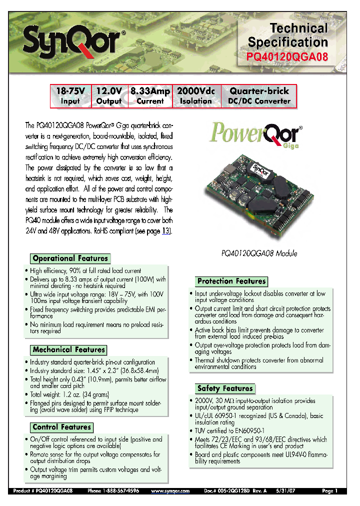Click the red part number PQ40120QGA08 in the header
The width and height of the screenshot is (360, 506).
point(288,57)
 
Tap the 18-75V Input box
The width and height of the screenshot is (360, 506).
point(70,96)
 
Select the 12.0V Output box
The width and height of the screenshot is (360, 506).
point(109,96)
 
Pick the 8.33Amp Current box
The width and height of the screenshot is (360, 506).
point(150,96)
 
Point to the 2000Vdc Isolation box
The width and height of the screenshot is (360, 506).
point(195,96)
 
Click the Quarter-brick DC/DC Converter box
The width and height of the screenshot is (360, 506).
point(259,96)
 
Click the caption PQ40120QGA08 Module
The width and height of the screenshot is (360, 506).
point(259,253)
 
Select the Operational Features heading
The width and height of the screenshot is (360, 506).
point(70,258)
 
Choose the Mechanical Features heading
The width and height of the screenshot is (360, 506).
point(69,349)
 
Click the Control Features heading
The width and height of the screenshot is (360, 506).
point(62,427)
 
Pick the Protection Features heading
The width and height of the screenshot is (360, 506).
point(231,281)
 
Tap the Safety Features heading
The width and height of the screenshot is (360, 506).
point(225,388)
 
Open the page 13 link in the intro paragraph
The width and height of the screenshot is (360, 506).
point(166,231)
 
